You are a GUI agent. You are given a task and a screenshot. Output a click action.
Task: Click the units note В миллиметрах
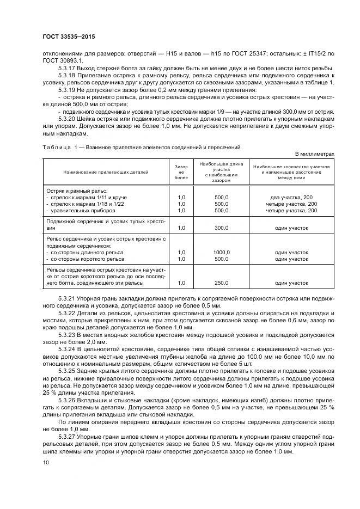point(315,154)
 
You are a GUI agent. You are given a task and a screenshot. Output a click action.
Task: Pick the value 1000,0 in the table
point(222,252)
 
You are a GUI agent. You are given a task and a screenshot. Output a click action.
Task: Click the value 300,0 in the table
point(222,228)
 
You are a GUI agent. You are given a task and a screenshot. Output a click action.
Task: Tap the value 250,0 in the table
point(222,283)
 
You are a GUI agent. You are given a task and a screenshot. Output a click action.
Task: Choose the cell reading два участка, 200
point(291,197)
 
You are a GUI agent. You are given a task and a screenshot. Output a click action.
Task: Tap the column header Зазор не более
point(181,171)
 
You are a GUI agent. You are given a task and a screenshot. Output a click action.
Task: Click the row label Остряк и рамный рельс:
point(77,191)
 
